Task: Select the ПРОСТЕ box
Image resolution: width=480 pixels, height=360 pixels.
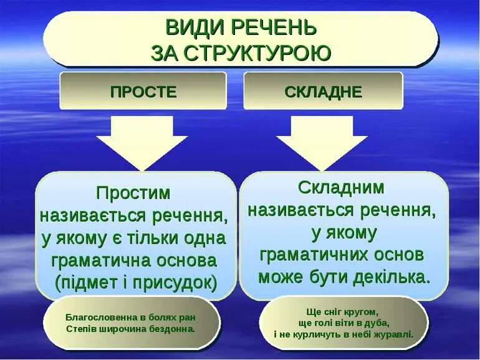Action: tap(143, 92)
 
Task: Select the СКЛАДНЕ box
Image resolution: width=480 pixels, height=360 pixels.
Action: tap(323, 92)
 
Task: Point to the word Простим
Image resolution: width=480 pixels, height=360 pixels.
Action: tap(133, 192)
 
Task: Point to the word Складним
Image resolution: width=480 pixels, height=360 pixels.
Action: tap(341, 187)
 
